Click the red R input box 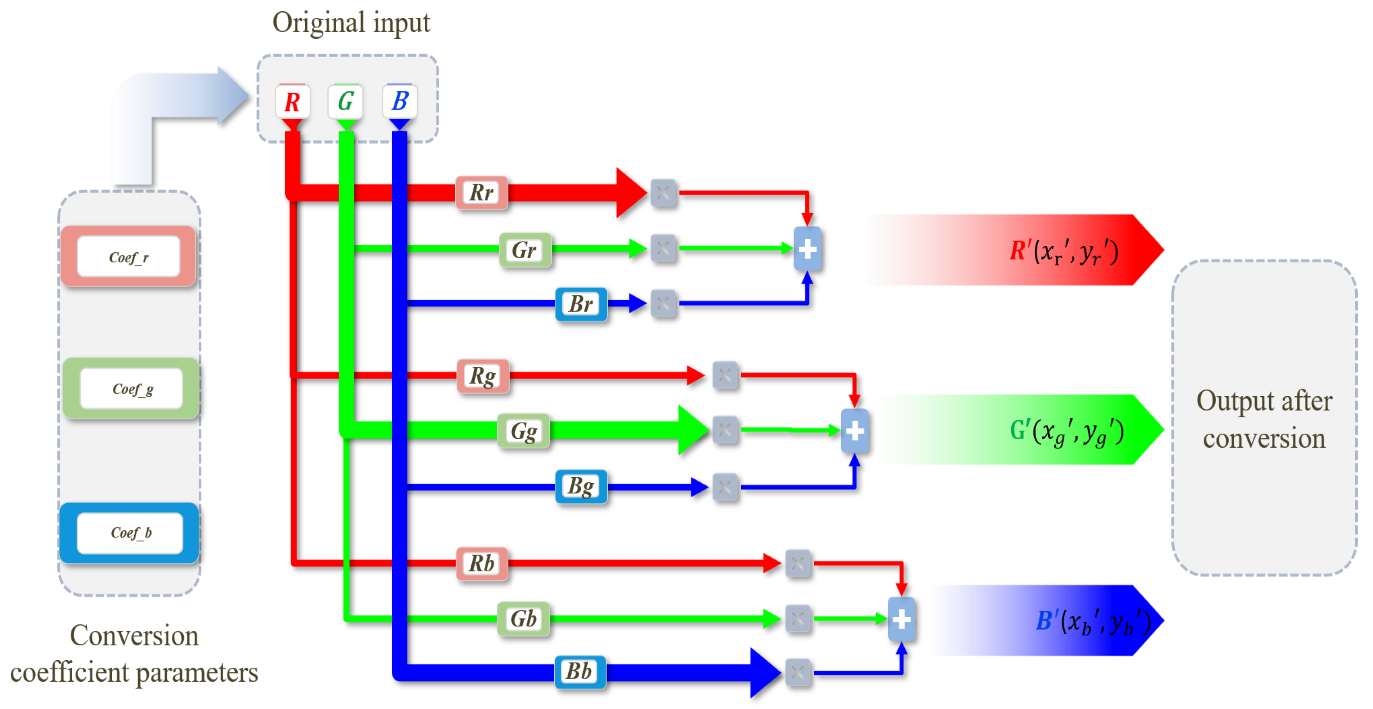(x=292, y=101)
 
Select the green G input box (x=345, y=101)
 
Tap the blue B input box (x=399, y=101)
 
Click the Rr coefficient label (x=481, y=192)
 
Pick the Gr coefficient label (x=524, y=250)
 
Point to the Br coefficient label (x=580, y=304)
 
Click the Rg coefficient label (x=482, y=376)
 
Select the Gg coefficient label (x=523, y=431)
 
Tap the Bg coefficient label (x=580, y=486)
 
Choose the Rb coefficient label (x=481, y=563)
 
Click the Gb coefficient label (x=523, y=619)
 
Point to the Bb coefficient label (x=580, y=672)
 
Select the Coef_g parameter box (x=131, y=388)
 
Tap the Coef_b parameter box (x=130, y=532)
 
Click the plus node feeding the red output (x=807, y=249)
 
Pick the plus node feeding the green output (x=854, y=431)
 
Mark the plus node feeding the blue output (x=901, y=619)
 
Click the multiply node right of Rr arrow (x=663, y=193)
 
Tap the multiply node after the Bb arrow (x=797, y=672)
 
